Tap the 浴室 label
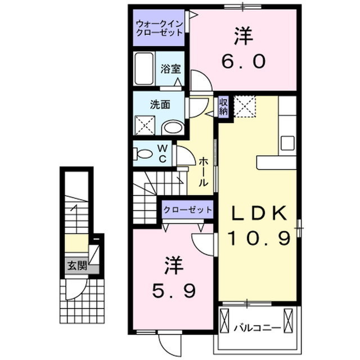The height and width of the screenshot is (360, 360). pos(170,69)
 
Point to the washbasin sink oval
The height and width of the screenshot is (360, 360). pos(173,127)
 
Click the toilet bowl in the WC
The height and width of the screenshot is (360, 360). pos(145,153)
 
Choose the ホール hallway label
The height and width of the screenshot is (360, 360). pos(204,172)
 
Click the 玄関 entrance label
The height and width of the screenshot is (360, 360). pos(77,265)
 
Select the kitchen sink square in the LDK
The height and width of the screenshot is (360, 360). pos(287,143)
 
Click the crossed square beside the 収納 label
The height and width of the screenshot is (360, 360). pos(245,107)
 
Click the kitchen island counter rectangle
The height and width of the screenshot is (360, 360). pos(276,163)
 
